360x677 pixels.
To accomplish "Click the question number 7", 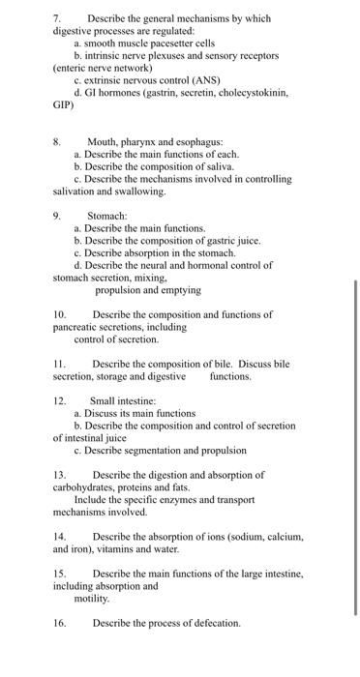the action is [x=57, y=18].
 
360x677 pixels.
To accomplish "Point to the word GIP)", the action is [x=64, y=104].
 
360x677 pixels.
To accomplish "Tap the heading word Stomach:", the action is [x=106, y=216].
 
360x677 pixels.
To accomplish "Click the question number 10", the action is [x=59, y=314].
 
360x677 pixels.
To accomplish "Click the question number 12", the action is [x=59, y=400].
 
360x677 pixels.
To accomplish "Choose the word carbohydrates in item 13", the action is [x=85, y=487].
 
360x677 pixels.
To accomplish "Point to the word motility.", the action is [x=93, y=598].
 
